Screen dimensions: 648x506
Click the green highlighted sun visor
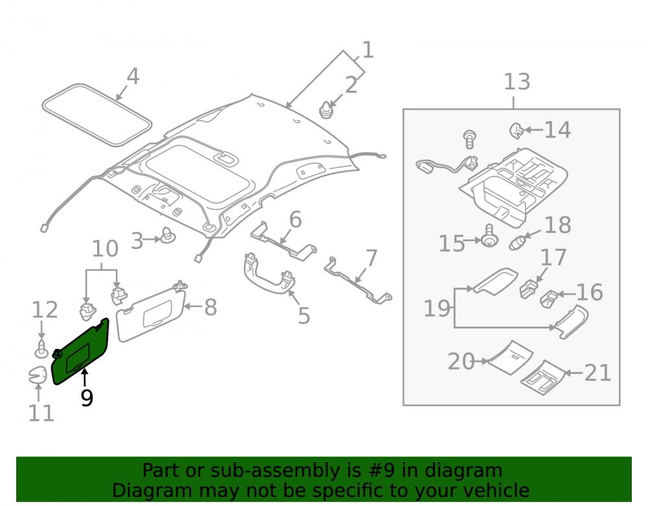[80, 351]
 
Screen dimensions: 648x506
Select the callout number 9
[87, 398]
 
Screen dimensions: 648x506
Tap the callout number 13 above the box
[516, 82]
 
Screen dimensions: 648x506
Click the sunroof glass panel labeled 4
[97, 115]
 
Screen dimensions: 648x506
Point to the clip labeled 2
[326, 109]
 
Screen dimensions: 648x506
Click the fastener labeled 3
[167, 235]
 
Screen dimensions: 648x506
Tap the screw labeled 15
[489, 236]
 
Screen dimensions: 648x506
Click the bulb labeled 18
[517, 242]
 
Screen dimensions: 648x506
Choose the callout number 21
[597, 373]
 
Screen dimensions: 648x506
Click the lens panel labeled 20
[511, 357]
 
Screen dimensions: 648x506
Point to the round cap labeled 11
[38, 375]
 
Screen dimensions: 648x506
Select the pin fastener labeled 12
[41, 349]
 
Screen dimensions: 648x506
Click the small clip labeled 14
[516, 130]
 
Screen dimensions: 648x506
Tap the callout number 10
[105, 249]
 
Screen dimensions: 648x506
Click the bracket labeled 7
[358, 281]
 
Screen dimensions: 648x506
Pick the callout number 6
[295, 220]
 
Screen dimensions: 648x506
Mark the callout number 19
[437, 308]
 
